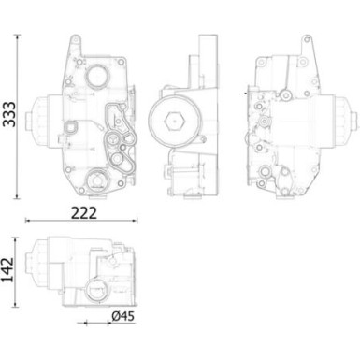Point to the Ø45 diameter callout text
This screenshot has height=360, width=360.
122,317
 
